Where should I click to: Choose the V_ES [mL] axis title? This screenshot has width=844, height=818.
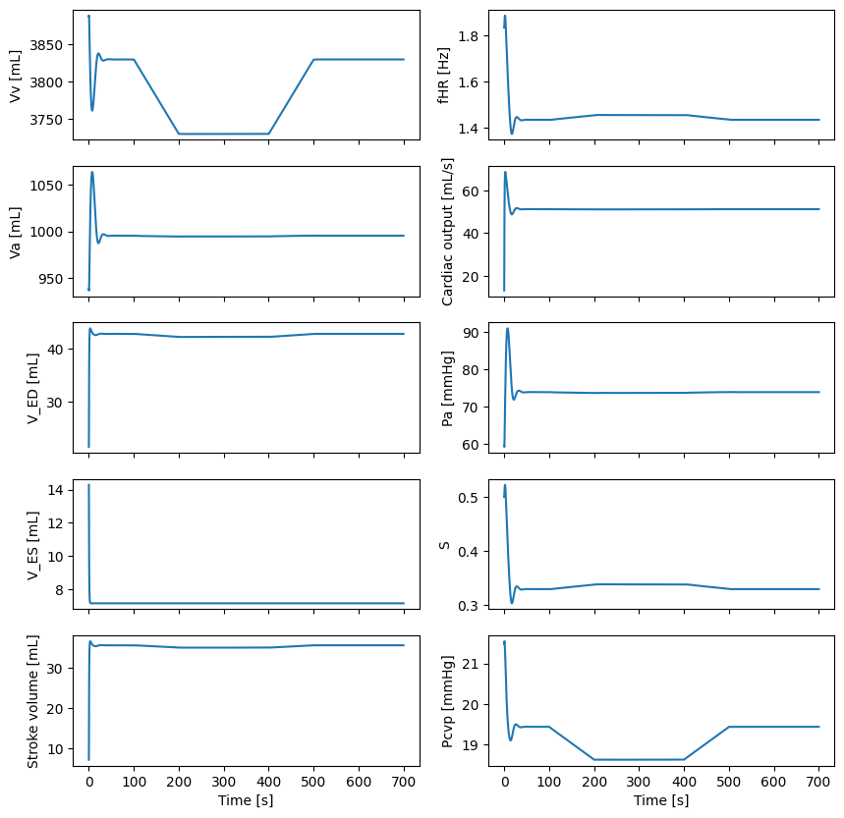[32, 552]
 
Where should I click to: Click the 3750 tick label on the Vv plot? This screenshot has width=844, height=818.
[49, 120]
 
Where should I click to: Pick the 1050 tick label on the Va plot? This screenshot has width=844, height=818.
[49, 186]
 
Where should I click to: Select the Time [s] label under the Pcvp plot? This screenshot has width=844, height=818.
[661, 800]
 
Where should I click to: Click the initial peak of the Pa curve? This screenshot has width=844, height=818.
[508, 329]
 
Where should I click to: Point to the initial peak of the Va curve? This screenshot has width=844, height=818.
[92, 173]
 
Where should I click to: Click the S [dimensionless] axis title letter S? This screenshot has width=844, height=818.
[447, 545]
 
